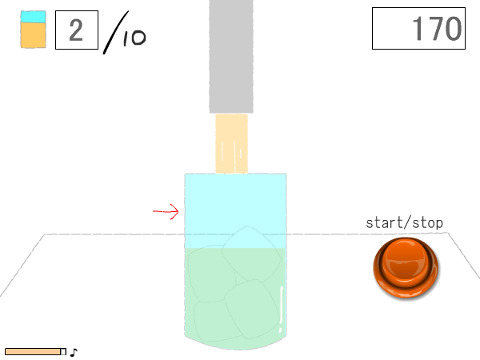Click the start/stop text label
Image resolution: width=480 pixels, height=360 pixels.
404,223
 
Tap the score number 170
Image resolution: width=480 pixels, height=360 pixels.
437,29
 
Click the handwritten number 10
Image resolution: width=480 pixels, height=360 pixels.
134,38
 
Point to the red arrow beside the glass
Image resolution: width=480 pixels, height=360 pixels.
166,211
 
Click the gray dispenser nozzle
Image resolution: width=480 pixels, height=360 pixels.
231,57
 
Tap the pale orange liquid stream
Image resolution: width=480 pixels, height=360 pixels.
231,143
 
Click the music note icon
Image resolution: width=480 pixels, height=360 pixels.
74,353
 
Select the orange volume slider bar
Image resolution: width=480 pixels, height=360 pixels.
33,352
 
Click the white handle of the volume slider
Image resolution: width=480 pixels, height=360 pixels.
63,352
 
